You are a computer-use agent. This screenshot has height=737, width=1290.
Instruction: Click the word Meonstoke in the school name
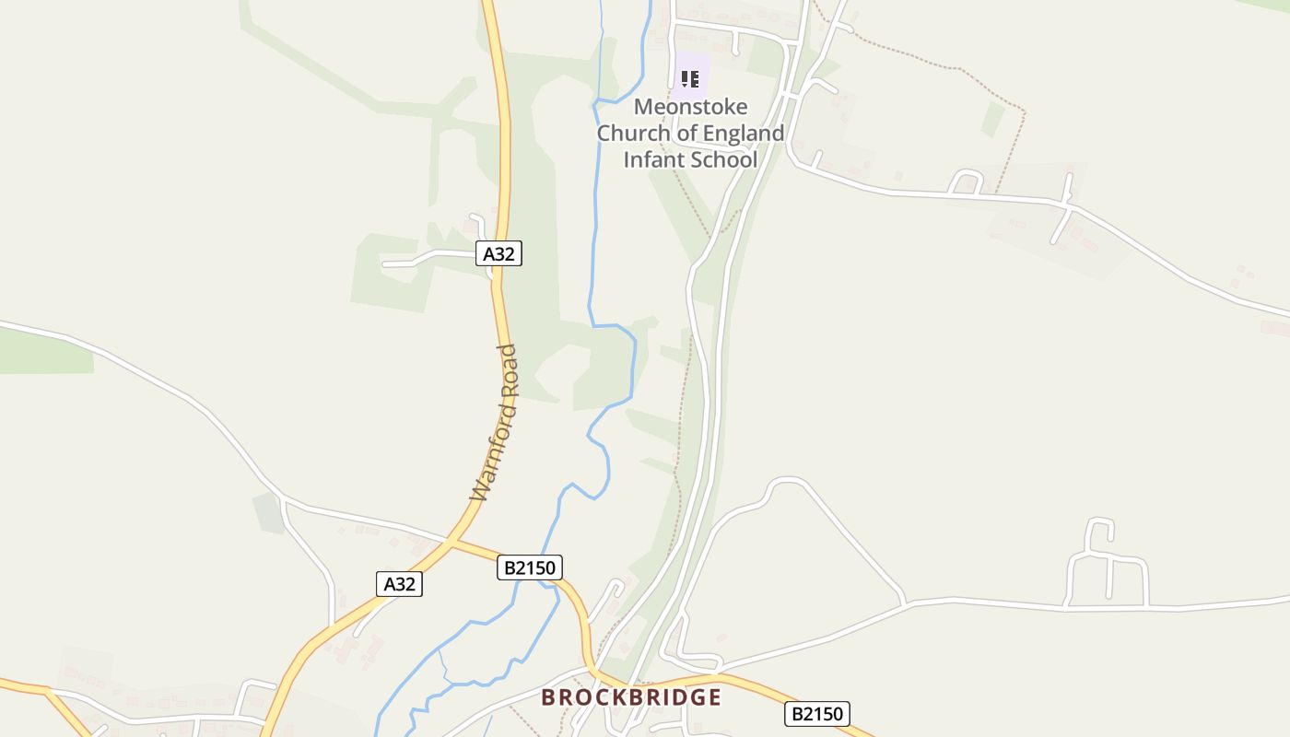[x=690, y=107]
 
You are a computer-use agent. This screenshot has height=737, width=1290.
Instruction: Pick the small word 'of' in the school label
[x=686, y=134]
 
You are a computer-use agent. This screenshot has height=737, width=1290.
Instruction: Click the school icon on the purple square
[x=690, y=79]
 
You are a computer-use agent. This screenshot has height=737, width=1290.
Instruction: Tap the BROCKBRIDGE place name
[x=631, y=697]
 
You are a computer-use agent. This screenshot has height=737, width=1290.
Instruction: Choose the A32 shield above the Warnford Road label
[x=498, y=253]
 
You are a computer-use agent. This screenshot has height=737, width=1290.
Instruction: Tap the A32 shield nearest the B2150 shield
[x=399, y=583]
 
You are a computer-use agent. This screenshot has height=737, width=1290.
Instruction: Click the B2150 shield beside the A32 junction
[x=530, y=567]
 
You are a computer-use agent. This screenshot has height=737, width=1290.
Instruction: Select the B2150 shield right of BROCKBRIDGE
[x=817, y=713]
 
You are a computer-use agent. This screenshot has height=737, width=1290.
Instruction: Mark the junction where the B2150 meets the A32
[x=451, y=541]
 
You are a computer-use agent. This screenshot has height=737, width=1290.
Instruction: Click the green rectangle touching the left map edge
[x=46, y=351]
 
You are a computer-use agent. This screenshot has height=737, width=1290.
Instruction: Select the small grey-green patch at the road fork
[x=269, y=512]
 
